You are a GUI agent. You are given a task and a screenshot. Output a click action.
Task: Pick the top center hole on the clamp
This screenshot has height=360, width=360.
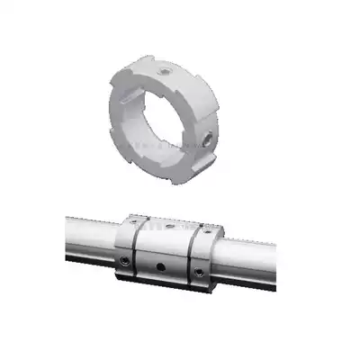pos(170,228)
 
